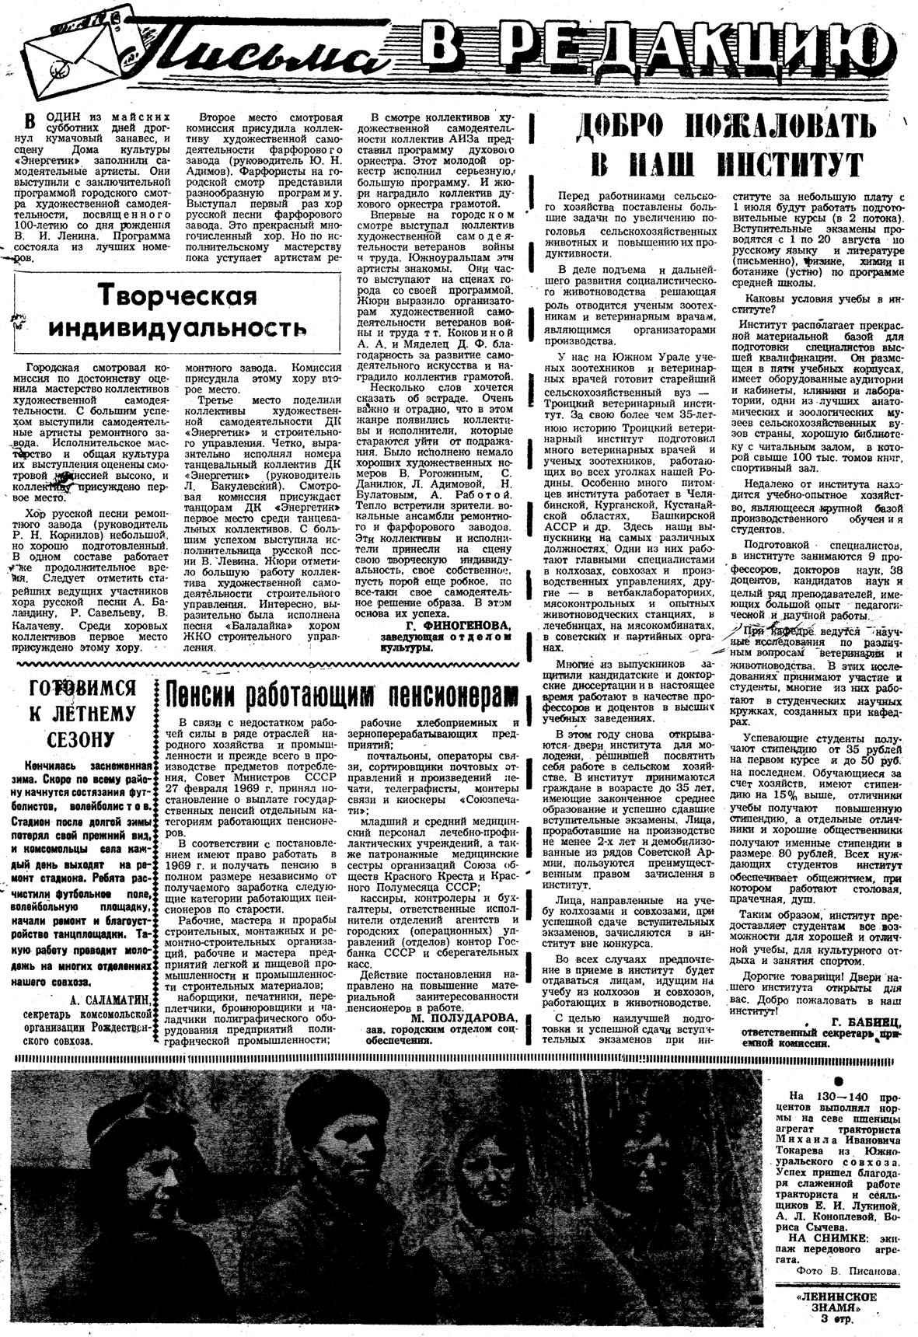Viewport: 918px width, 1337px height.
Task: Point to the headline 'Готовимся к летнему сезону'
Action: click(82, 713)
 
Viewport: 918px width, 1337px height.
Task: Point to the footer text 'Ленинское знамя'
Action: click(847, 1302)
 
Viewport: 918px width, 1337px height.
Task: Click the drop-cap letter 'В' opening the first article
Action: click(30, 123)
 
